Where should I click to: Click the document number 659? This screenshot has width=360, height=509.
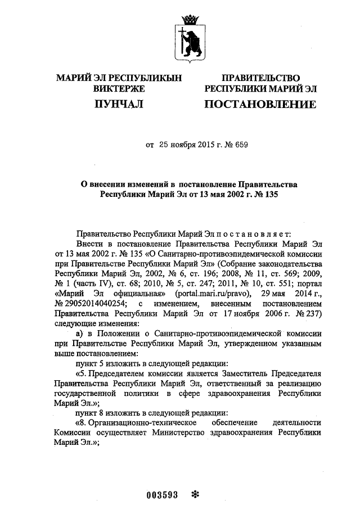[240, 145]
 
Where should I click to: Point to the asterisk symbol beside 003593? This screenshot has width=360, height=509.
[196, 494]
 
